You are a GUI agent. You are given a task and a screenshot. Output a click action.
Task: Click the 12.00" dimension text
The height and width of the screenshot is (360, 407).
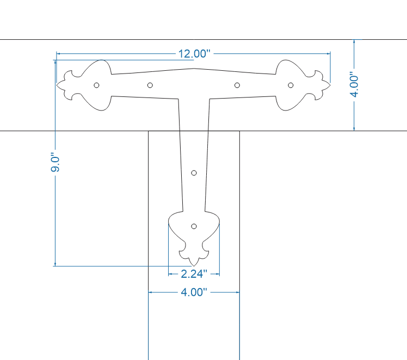[194, 53]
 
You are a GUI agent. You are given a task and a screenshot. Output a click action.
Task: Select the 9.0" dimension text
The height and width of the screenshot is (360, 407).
[54, 163]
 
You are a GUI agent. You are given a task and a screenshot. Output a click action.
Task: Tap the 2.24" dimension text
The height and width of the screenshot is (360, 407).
[194, 273]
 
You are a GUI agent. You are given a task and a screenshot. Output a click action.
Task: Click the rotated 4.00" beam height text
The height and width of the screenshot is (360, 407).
[354, 85]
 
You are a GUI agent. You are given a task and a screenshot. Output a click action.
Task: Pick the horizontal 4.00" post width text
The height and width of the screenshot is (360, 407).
[194, 292]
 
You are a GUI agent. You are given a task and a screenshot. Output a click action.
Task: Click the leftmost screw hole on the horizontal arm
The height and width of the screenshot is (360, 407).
[96, 85]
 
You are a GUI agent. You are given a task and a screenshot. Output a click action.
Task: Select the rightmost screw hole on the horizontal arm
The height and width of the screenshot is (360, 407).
[291, 85]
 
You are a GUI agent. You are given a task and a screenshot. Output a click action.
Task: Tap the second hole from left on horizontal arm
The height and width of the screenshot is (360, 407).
[150, 85]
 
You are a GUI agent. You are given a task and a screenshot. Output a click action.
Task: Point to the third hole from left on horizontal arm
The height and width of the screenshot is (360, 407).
[237, 85]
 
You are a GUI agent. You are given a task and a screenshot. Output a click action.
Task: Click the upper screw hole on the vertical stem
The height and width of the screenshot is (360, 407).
[194, 173]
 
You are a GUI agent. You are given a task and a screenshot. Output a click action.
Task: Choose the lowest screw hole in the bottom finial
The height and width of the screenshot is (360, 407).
[194, 225]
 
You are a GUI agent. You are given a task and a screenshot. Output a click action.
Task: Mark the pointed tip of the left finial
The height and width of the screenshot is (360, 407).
[57, 85]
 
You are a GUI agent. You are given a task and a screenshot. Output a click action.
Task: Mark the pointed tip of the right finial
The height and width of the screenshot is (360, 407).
[330, 85]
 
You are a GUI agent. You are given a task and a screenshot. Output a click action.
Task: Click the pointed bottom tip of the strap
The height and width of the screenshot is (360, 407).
[194, 266]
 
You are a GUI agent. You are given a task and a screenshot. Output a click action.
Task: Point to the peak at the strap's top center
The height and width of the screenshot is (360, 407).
[194, 69]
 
